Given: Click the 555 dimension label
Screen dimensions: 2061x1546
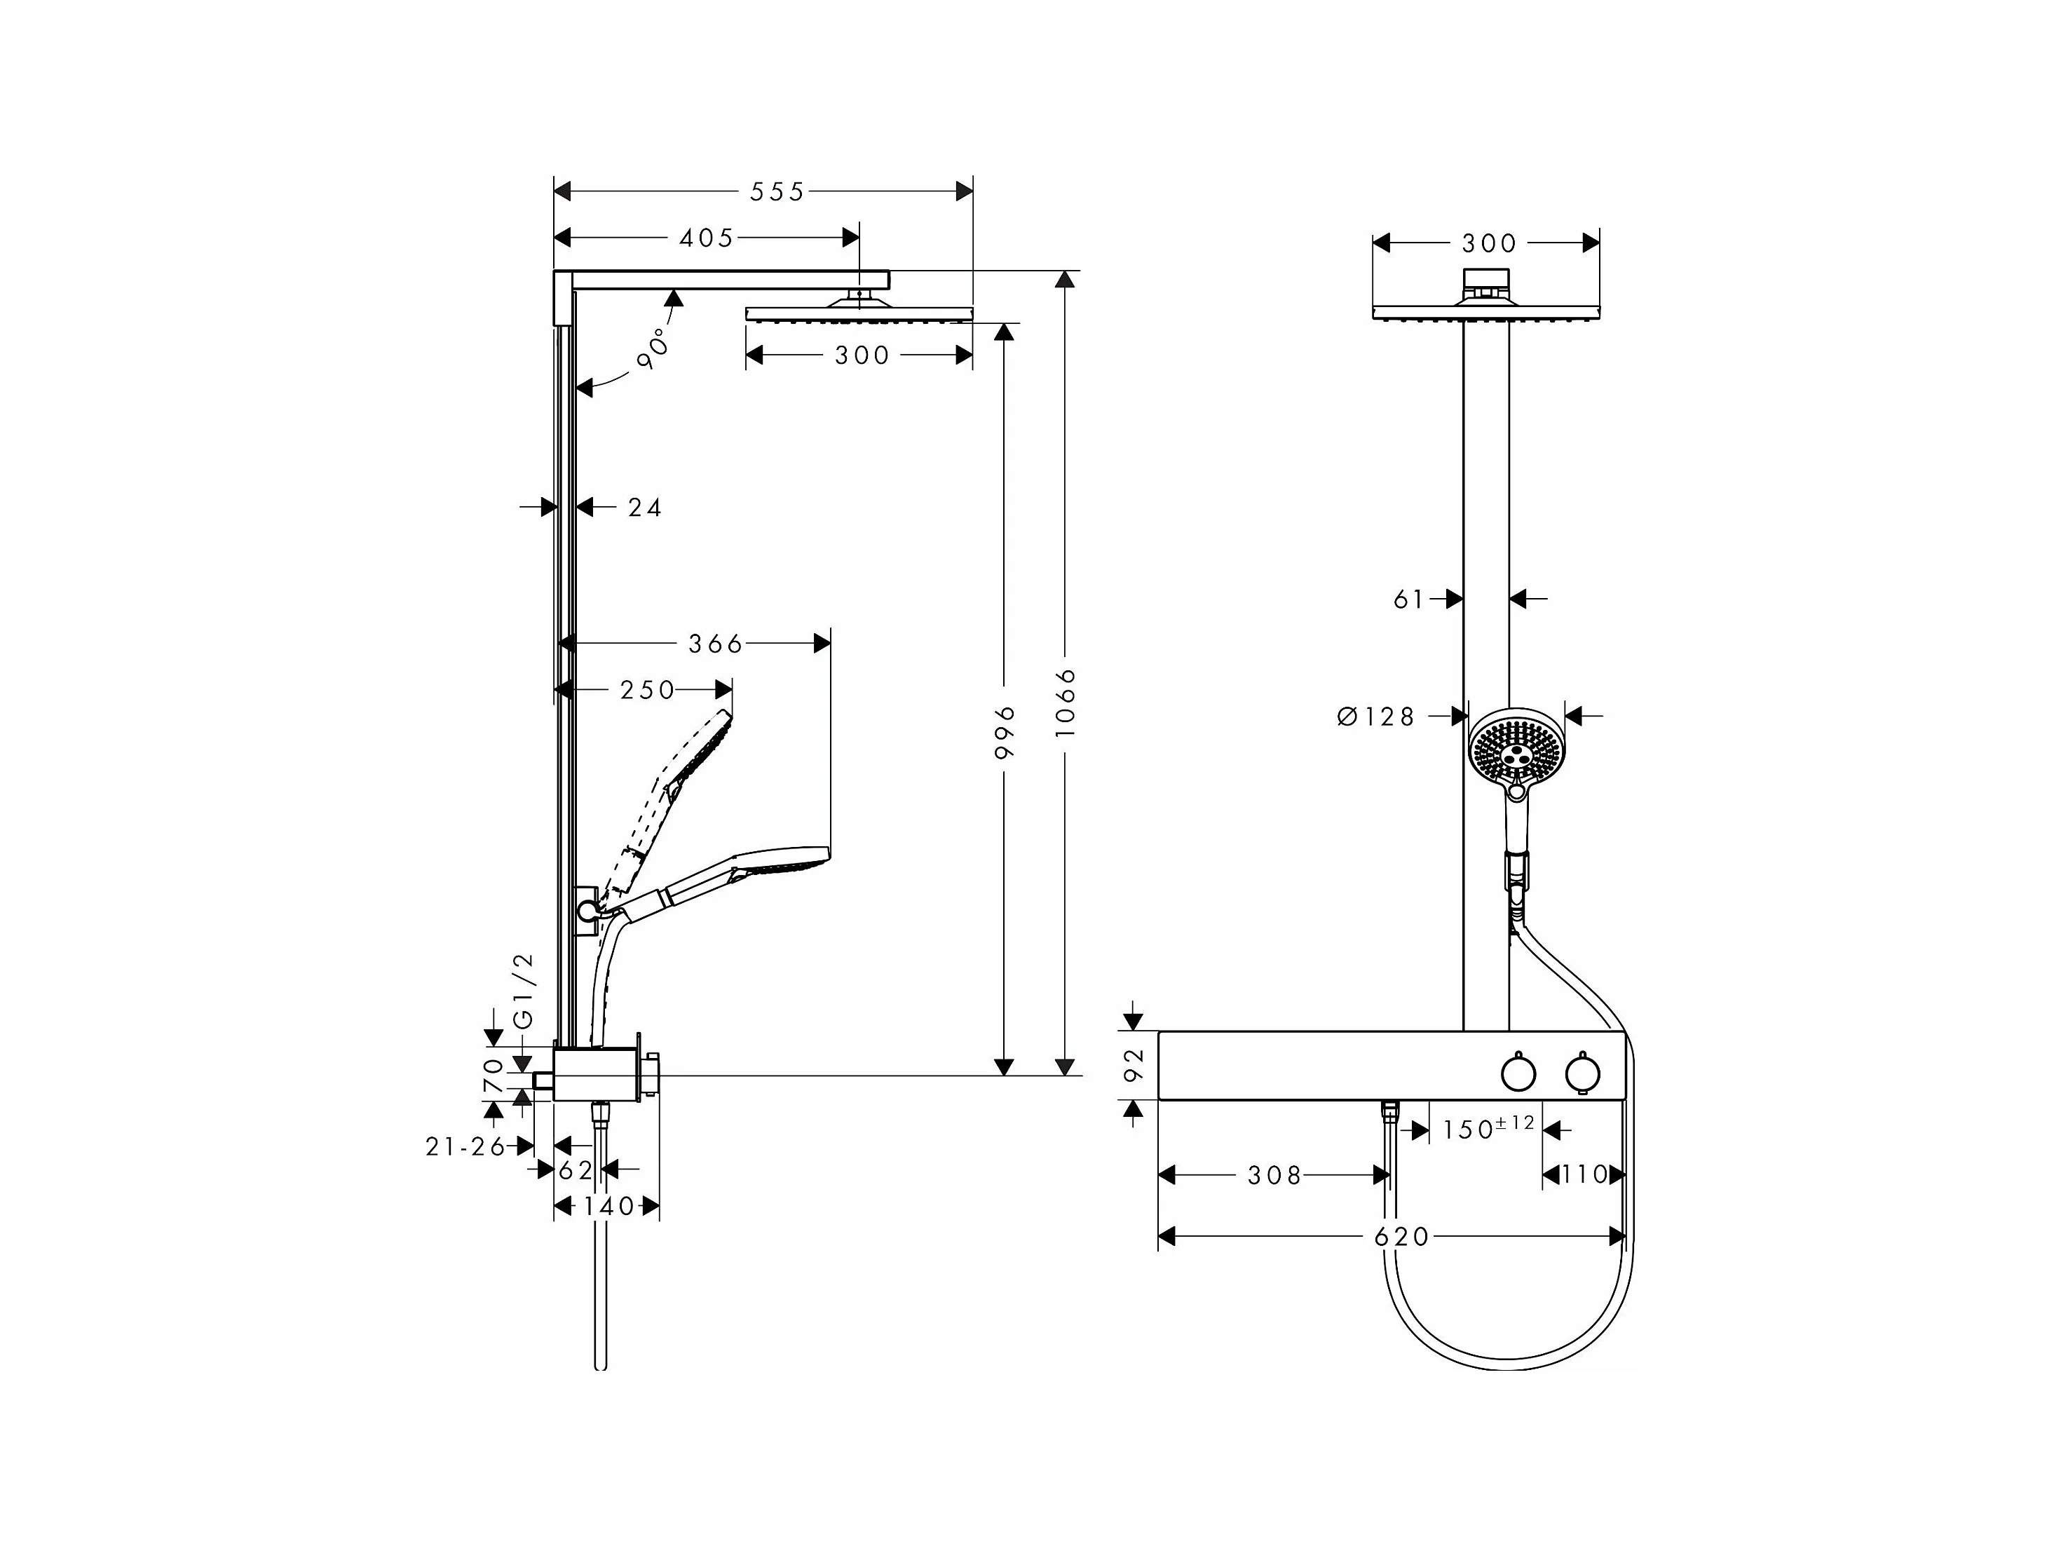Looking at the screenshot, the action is click(x=776, y=192).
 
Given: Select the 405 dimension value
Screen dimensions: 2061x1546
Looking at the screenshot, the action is click(x=706, y=238).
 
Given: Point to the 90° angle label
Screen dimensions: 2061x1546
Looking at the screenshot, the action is click(x=654, y=348).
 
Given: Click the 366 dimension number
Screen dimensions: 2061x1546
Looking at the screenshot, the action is click(x=716, y=644).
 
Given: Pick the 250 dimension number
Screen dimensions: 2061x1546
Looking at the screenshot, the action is click(x=646, y=691).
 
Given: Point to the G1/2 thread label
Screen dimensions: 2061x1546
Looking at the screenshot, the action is click(x=524, y=991).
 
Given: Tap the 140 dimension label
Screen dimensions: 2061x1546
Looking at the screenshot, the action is click(x=608, y=1207).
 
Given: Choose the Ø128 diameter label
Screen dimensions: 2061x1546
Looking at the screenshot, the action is click(x=1376, y=717).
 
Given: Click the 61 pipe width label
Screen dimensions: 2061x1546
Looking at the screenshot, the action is click(x=1409, y=600).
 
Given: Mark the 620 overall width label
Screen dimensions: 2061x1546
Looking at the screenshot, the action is click(x=1401, y=1237).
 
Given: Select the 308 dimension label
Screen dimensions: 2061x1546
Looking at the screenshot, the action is click(x=1274, y=1176).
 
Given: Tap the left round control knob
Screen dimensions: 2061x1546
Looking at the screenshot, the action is click(x=1518, y=1073).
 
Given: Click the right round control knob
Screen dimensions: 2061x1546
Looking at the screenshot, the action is click(x=1582, y=1073).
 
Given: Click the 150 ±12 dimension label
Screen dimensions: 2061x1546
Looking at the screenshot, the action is click(x=1487, y=1129).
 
